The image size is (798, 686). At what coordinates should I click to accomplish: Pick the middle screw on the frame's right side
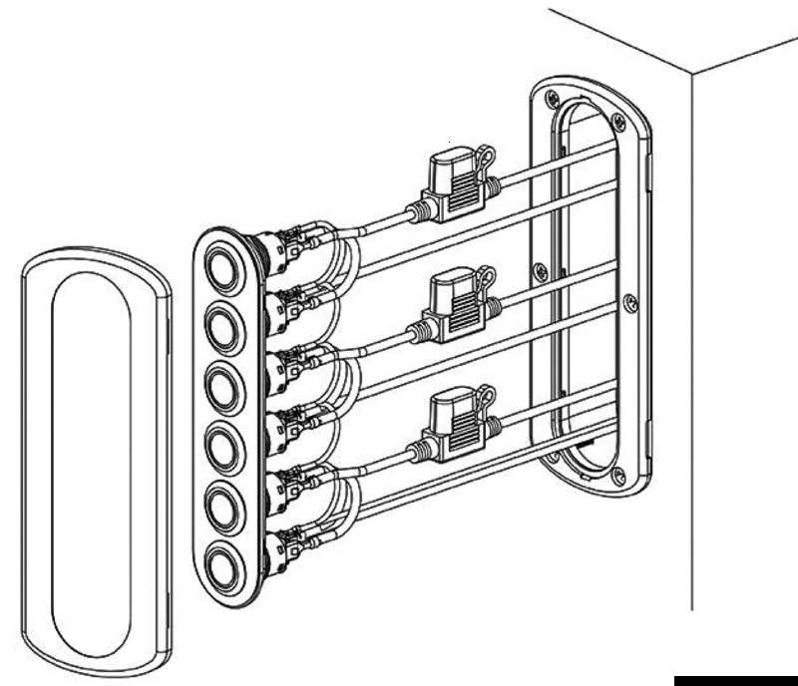[627, 298]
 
